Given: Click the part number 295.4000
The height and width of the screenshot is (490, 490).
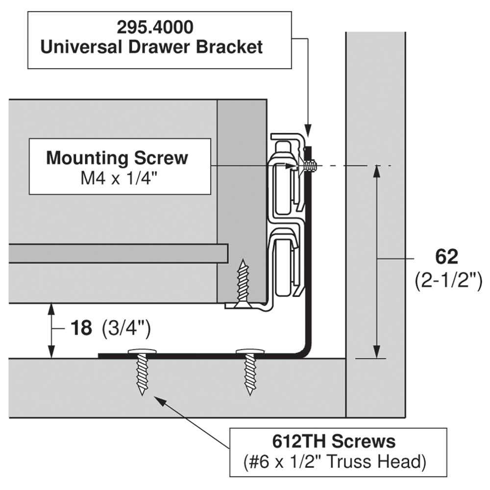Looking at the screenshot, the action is (x=155, y=27).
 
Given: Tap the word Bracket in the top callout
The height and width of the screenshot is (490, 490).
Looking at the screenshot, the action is (x=229, y=47).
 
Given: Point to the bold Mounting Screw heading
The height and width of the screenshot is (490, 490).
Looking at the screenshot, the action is (x=117, y=158).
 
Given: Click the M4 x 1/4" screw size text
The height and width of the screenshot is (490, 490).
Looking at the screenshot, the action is (x=119, y=179).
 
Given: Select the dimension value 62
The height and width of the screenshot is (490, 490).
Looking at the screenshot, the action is (x=446, y=257).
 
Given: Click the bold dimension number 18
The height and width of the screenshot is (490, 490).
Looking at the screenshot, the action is (x=81, y=328).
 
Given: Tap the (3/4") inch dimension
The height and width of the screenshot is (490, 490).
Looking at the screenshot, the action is (x=126, y=328).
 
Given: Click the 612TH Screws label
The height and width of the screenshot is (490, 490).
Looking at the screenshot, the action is (x=334, y=441).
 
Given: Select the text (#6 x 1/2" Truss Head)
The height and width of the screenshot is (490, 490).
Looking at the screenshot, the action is (x=335, y=462).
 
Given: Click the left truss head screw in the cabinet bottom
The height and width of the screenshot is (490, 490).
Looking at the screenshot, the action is (x=142, y=371).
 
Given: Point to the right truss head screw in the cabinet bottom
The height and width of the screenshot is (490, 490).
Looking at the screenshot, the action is (x=250, y=371).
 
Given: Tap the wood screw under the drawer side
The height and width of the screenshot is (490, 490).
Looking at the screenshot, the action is (x=243, y=284).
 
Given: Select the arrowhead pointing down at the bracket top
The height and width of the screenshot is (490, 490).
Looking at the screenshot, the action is (x=308, y=130).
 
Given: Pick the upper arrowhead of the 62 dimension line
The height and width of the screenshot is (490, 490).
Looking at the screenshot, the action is (x=377, y=172).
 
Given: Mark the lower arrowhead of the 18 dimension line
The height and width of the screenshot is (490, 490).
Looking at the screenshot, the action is (x=51, y=352).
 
